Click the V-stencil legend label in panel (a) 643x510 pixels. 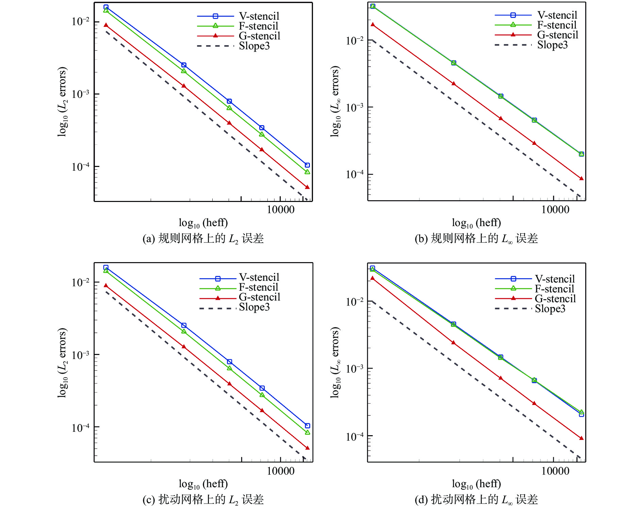[259, 16]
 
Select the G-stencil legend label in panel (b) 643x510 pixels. [557, 35]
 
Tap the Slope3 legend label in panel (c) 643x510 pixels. [254, 307]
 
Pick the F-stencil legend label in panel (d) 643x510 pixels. [554, 289]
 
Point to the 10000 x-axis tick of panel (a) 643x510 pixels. [280, 209]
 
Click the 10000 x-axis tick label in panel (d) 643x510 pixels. [555, 471]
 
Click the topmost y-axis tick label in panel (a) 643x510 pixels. [80, 21]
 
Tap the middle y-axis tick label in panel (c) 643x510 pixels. [80, 355]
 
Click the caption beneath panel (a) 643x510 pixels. [203, 239]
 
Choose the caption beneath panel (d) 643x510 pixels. [476, 499]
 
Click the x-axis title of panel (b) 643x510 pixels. [476, 223]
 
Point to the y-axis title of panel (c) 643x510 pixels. [63, 362]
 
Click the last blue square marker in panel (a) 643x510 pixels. [307, 165]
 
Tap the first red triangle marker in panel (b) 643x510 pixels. [373, 24]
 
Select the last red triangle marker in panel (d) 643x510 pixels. [581, 438]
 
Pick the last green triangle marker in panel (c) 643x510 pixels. [308, 432]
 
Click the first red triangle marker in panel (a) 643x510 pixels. [106, 25]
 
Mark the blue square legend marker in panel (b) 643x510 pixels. [513, 15]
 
